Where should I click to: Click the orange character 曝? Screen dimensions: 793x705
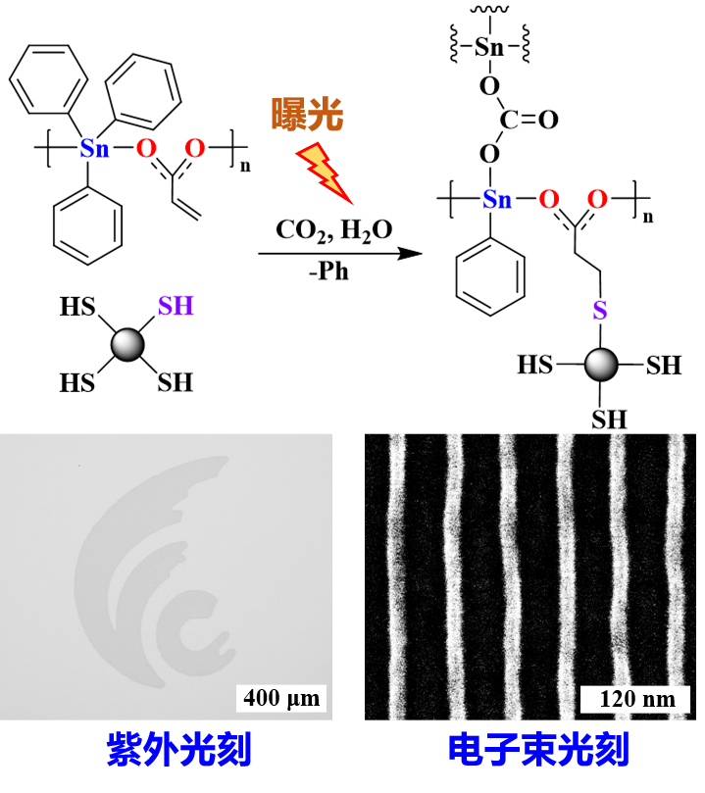coord(288,115)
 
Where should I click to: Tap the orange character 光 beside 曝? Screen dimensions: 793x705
coord(326,115)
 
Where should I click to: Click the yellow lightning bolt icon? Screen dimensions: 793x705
coord(324,172)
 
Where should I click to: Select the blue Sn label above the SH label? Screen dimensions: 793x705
coord(94,149)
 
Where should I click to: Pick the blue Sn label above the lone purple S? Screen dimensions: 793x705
coord(497,200)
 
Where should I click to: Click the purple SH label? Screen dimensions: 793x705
coord(176,306)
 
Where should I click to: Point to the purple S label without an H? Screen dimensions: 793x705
coord(599,311)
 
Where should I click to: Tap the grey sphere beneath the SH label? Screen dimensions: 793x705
coord(127,344)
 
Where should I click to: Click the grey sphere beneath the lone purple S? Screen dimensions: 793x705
coord(601,364)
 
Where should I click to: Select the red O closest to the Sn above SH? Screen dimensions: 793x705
coord(146,148)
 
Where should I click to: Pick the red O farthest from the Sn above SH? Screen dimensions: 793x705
coord(195,148)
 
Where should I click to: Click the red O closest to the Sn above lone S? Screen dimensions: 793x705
coord(549,199)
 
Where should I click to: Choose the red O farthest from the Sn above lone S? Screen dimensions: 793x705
coord(597,199)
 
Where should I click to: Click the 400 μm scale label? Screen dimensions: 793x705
coord(281,698)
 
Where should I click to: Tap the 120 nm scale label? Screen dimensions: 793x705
coord(635,699)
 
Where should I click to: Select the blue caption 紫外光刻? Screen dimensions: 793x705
coord(179,750)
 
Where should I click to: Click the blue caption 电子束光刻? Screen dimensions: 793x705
coord(538,750)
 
